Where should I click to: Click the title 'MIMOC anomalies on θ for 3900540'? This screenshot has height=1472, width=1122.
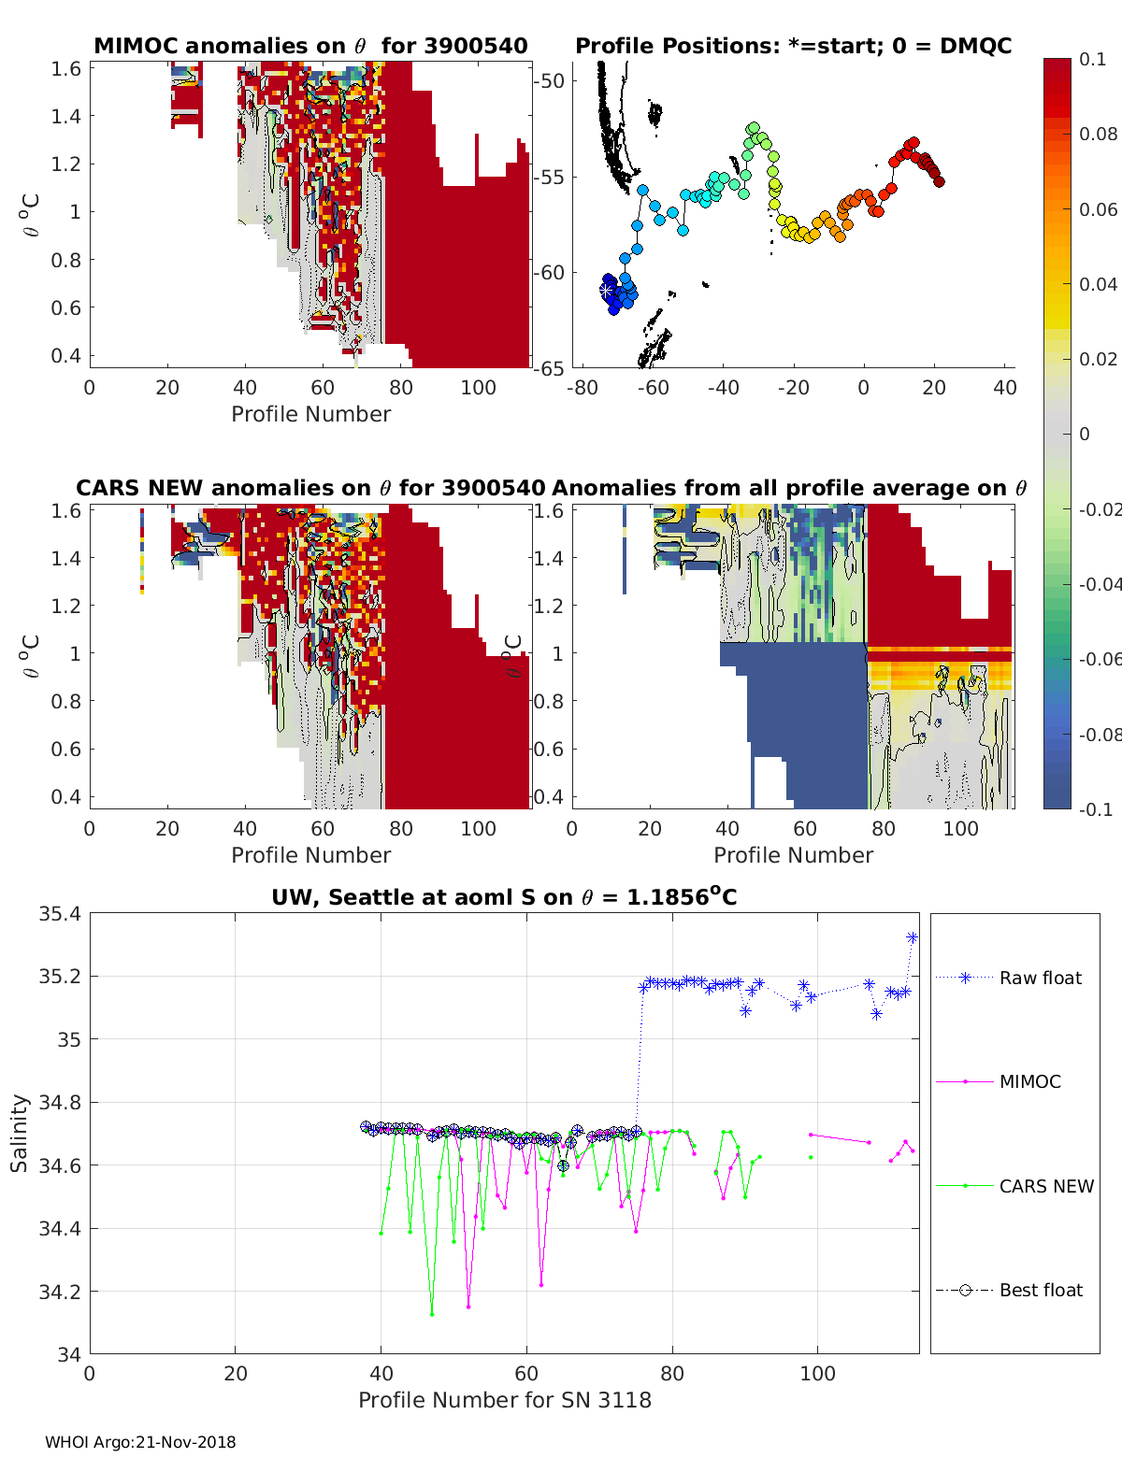310,46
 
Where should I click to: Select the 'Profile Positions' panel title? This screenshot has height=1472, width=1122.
793,46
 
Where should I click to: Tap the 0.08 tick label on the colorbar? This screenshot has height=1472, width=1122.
1098,134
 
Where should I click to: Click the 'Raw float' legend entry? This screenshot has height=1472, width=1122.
1040,978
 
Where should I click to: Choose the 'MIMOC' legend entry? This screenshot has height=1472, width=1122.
1029,1081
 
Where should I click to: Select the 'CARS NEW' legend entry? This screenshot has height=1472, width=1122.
1045,1186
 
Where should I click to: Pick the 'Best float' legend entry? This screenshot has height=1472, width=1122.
1040,1290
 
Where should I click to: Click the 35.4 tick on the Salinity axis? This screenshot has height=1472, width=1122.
60,914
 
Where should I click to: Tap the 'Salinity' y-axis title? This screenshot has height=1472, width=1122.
19,1133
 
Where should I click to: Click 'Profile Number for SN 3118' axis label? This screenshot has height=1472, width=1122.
504,1400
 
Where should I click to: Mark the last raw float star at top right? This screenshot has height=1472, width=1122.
913,937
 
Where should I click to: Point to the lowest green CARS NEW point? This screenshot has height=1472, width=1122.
432,1314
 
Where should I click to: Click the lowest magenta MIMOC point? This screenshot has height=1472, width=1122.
468,1306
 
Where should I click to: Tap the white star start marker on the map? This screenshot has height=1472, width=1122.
607,291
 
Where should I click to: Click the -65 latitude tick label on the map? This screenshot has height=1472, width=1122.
549,368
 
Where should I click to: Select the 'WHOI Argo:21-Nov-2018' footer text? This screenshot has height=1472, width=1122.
140,1442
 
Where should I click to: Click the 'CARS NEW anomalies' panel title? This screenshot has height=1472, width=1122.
310,488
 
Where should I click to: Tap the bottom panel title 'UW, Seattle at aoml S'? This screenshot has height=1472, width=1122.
504,897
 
